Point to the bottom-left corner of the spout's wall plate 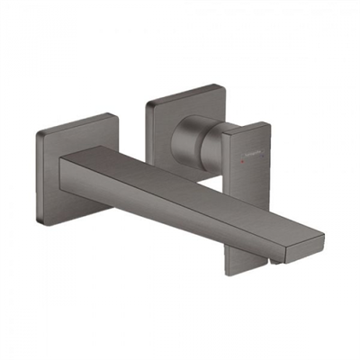click(x=41, y=219)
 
